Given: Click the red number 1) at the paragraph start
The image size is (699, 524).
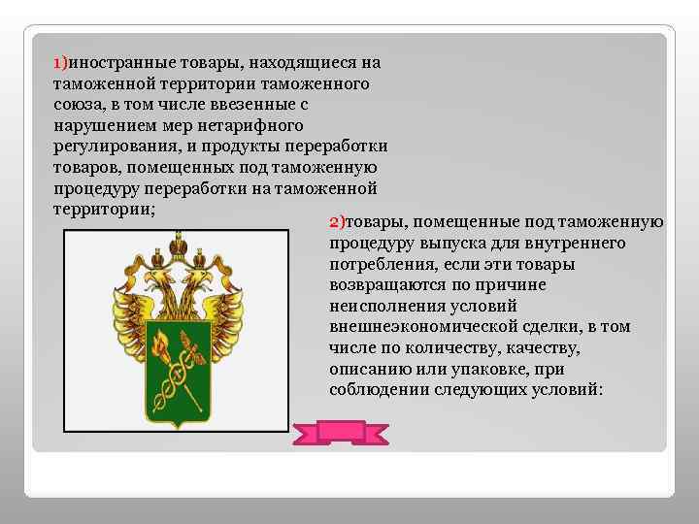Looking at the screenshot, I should [59, 63].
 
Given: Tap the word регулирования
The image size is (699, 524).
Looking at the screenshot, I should [109, 147].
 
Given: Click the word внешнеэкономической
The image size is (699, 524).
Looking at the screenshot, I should [421, 327].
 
